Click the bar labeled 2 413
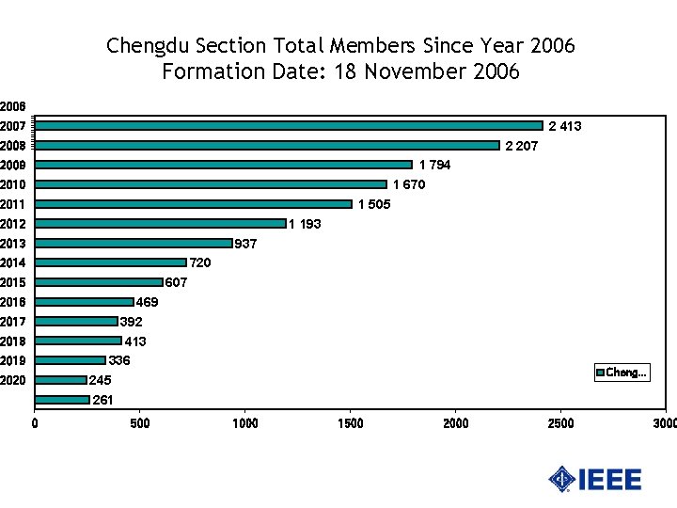[x=289, y=125]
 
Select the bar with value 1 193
[x=160, y=224]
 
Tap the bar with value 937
[x=133, y=244]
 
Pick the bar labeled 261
[x=62, y=400]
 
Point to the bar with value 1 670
[x=211, y=184]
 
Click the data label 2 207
[x=522, y=146]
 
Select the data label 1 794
[x=434, y=166]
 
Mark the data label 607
[x=176, y=282]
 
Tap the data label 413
[x=135, y=341]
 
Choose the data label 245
[x=101, y=381]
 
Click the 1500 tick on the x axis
[x=351, y=423]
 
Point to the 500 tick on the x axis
[x=139, y=423]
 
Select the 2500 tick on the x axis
[x=561, y=423]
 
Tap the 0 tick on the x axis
[x=35, y=423]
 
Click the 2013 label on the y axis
[x=12, y=244]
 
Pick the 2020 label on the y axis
[x=12, y=381]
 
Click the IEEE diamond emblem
[x=562, y=479]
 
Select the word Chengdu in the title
[x=147, y=45]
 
